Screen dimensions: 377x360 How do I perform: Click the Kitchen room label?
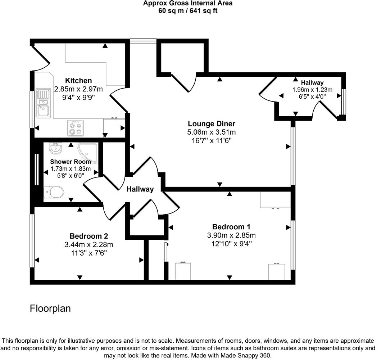tap(78, 81)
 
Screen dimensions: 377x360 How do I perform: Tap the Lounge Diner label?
tap(211, 124)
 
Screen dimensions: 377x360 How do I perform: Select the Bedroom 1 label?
tap(231, 227)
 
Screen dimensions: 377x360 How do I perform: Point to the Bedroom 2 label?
tap(89, 236)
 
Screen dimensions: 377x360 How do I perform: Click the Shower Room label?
tap(71, 162)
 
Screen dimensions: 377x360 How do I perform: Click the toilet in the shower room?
tap(53, 192)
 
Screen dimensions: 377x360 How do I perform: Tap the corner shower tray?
tap(87, 151)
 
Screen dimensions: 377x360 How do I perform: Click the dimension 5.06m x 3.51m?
tap(211, 132)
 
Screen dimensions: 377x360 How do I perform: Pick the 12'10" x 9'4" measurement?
tap(231, 244)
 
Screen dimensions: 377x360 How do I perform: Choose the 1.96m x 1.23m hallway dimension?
tap(312, 90)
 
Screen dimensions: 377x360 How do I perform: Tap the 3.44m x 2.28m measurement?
tap(89, 245)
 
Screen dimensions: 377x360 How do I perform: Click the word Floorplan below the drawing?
tap(50, 309)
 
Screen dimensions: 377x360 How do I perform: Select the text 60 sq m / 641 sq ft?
tap(188, 11)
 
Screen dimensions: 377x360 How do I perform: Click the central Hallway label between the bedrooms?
tap(140, 189)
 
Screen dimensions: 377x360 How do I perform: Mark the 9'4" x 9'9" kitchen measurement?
tap(78, 97)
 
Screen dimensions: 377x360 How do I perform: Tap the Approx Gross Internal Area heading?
tap(188, 3)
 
